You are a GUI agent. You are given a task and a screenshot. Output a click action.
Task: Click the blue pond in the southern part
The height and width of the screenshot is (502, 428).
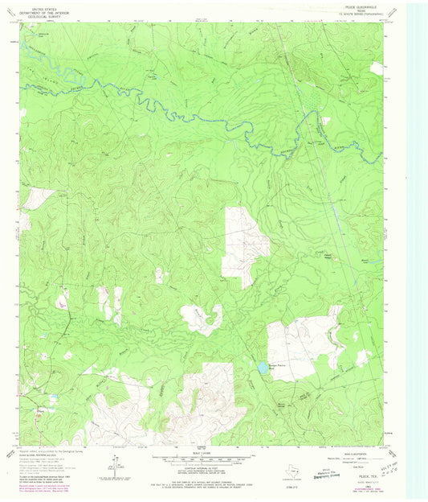tap(263, 367)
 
